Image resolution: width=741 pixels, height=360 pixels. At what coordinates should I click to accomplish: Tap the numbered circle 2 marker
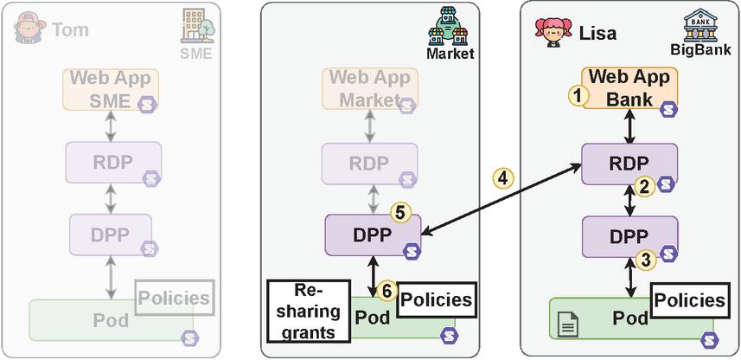(x=642, y=185)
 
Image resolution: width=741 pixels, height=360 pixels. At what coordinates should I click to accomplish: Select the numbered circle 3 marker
(x=642, y=257)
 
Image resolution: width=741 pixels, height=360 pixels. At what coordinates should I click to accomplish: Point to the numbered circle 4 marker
(x=503, y=179)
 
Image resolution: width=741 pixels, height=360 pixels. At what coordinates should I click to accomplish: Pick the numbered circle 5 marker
(x=399, y=210)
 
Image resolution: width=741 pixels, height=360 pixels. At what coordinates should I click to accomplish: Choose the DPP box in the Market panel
(x=372, y=235)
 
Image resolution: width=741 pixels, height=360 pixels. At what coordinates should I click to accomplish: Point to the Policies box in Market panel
(x=436, y=300)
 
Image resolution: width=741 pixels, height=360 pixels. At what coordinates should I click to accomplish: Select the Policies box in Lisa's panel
(x=688, y=300)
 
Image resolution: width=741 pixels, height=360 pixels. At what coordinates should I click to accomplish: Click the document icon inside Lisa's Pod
(x=568, y=326)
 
